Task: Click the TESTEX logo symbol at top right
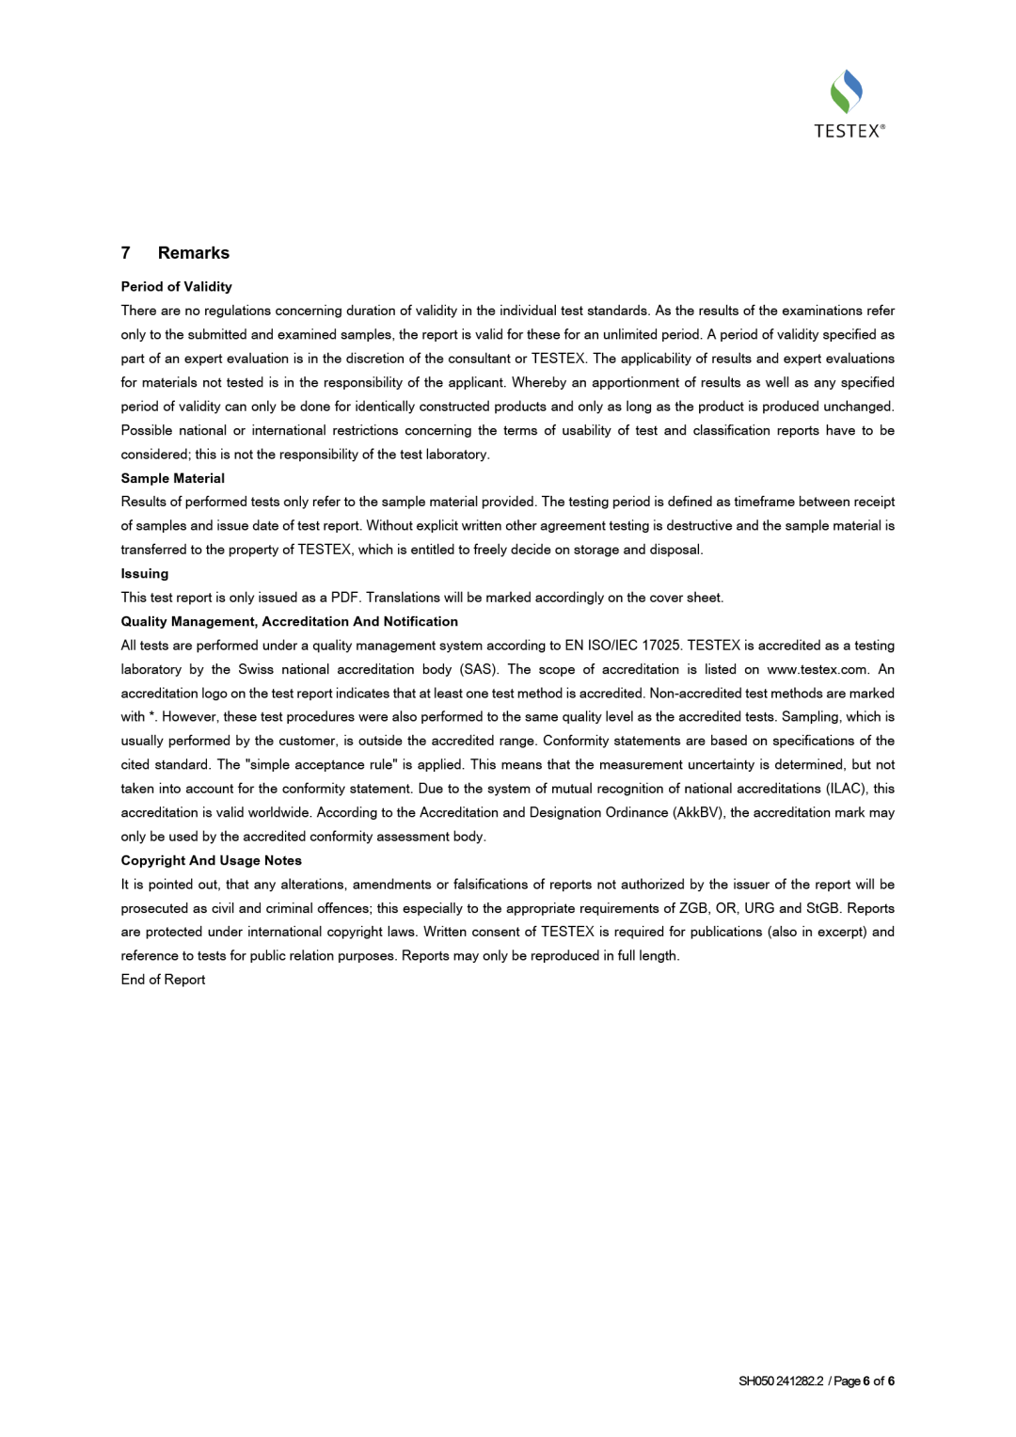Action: [x=847, y=91]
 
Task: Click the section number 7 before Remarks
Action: [x=126, y=253]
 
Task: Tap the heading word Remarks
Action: [x=194, y=253]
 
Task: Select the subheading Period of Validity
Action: [x=176, y=287]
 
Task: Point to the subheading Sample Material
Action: [x=172, y=478]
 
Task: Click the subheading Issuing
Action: [x=145, y=574]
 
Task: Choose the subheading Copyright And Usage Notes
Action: [x=211, y=860]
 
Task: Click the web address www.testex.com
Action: [x=818, y=670]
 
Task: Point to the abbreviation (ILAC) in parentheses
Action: [x=846, y=789]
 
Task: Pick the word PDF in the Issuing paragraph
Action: [x=344, y=598]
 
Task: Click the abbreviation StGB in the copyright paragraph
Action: [x=822, y=908]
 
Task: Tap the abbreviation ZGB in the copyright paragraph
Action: [x=692, y=908]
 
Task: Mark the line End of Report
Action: [x=163, y=980]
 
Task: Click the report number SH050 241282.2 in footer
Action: [x=781, y=1381]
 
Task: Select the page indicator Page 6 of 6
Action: [x=864, y=1381]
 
